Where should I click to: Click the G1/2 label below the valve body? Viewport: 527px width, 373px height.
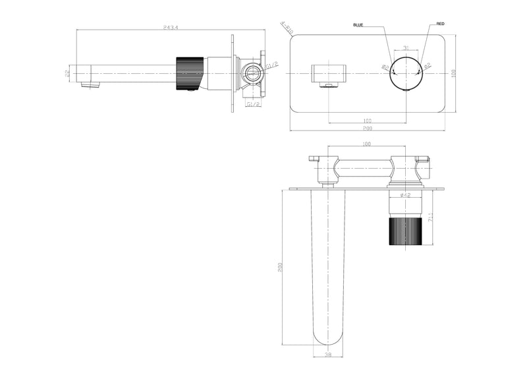click(x=252, y=104)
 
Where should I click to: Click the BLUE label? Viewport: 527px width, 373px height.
click(x=358, y=24)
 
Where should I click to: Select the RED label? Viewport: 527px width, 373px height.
click(x=440, y=24)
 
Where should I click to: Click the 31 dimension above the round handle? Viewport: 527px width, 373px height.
click(x=406, y=47)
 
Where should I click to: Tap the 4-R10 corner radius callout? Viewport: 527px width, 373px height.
click(x=285, y=28)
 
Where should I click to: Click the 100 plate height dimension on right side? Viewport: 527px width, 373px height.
click(x=453, y=73)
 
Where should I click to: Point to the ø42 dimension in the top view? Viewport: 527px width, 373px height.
click(x=406, y=195)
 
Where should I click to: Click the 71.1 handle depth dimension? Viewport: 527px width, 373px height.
click(x=430, y=217)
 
